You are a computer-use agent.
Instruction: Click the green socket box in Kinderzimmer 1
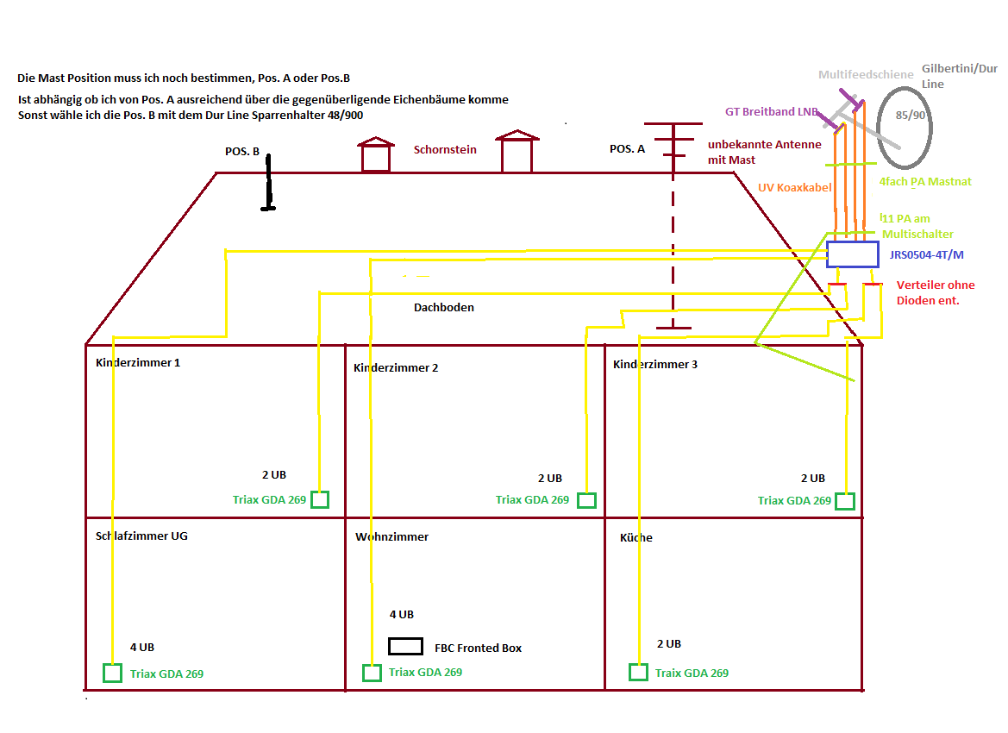[320, 499]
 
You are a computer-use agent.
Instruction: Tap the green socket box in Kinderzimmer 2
[586, 500]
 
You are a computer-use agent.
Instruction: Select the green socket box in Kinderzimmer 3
[845, 501]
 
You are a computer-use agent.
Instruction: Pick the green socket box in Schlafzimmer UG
[112, 673]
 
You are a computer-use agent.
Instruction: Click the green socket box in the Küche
[638, 673]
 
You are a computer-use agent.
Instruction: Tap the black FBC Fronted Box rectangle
[405, 646]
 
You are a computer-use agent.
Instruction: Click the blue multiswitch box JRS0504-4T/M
[852, 254]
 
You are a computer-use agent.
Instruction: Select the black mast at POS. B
[268, 183]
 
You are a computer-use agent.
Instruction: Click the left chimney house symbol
[375, 154]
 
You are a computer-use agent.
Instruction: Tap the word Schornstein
[445, 149]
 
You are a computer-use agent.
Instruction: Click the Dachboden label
[443, 307]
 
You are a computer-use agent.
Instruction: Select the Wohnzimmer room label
[391, 536]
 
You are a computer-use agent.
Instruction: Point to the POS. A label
[627, 148]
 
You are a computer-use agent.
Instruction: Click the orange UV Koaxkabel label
[794, 186]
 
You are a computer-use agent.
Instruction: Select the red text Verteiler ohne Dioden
[936, 292]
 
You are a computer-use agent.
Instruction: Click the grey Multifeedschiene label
[866, 75]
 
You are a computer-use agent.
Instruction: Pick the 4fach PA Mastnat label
[925, 182]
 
